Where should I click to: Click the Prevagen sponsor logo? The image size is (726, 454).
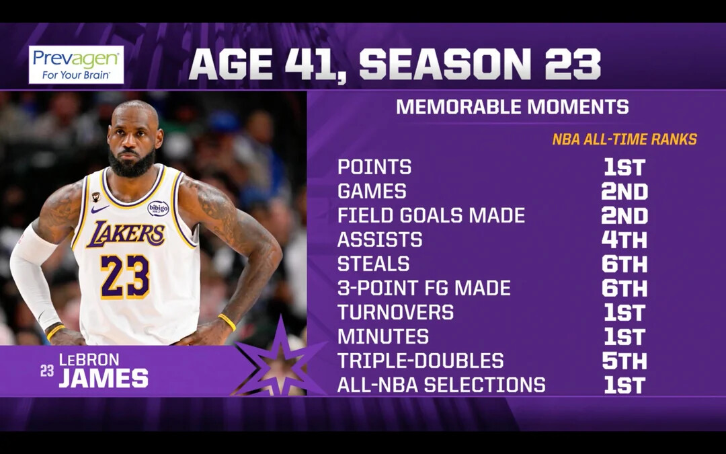click(77, 65)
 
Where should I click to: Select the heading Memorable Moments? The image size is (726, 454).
click(512, 106)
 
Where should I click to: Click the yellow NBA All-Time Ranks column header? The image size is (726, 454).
click(624, 139)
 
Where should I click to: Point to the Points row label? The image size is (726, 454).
click(374, 167)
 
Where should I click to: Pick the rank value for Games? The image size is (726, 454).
click(624, 191)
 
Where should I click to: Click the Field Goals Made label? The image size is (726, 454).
click(431, 215)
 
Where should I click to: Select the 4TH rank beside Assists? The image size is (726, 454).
click(624, 239)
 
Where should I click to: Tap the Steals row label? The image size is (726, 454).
click(374, 264)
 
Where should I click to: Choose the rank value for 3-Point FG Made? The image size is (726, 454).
click(624, 288)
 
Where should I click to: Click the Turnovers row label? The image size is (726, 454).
click(395, 312)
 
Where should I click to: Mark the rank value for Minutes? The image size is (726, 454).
click(624, 336)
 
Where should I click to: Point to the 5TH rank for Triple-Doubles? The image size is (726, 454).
click(624, 361)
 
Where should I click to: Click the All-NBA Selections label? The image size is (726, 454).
click(441, 385)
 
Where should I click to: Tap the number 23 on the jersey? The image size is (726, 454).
click(125, 276)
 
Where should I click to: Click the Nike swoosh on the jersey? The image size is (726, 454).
click(99, 209)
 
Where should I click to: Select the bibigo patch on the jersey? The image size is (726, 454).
click(159, 209)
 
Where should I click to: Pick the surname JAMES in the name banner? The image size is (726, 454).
click(104, 379)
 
